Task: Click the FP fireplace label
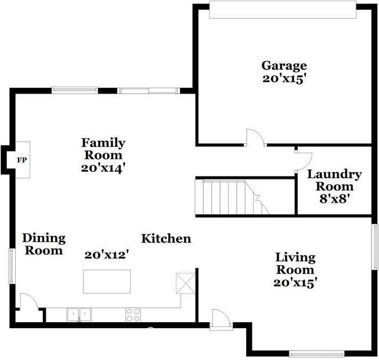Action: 21,160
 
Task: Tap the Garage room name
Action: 284,66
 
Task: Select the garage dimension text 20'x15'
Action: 283,79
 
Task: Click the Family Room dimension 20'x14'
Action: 103,168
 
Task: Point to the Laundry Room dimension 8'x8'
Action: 335,199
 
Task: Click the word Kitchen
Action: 166,239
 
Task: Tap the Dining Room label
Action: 44,244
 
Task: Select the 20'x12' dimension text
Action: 107,255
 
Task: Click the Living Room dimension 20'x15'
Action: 295,282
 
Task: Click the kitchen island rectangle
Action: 107,282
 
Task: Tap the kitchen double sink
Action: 79,315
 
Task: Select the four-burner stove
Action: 133,315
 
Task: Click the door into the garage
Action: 255,138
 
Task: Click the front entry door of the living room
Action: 221,319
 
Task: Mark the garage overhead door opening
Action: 283,10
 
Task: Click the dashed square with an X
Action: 186,283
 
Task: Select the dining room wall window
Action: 12,266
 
